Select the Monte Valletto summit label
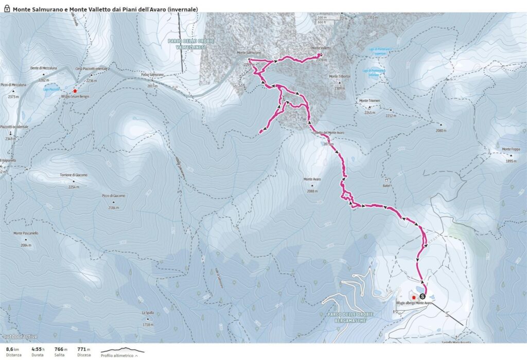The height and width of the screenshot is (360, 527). pyautogui.click(x=322, y=48)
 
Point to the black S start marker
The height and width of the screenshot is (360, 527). pyautogui.click(x=423, y=296)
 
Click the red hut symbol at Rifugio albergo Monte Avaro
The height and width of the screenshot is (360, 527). pyautogui.click(x=413, y=297)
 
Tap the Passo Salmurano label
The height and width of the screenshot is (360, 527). pyautogui.click(x=152, y=75)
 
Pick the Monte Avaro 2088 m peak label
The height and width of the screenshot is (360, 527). pyautogui.click(x=312, y=179)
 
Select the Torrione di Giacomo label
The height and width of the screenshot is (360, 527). pyautogui.click(x=73, y=176)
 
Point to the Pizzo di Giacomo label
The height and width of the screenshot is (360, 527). pyautogui.click(x=114, y=196)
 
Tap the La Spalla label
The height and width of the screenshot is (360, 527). pyautogui.click(x=148, y=313)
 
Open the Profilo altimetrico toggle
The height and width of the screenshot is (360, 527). pyautogui.click(x=119, y=355)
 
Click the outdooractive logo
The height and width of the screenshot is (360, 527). pyautogui.click(x=19, y=337)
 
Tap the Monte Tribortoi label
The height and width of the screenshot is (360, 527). pyautogui.click(x=340, y=77)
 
